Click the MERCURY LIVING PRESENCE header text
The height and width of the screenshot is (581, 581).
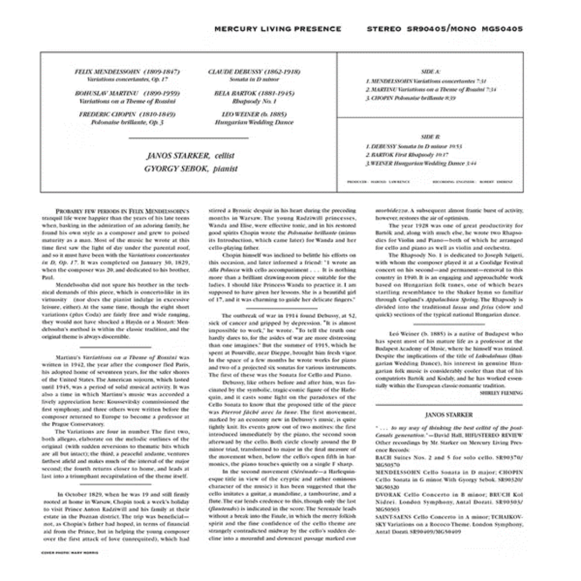(277, 29)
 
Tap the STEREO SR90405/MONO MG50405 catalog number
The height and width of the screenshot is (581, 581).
(444, 29)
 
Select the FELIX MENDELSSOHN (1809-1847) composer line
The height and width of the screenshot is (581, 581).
(127, 71)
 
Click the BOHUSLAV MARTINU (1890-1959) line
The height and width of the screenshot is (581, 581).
(126, 92)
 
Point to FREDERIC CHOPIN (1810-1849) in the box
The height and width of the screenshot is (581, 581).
(127, 114)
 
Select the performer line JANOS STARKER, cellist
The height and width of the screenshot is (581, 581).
(191, 155)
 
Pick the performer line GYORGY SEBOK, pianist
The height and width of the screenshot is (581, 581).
(191, 168)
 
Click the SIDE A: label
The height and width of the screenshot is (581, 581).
(430, 71)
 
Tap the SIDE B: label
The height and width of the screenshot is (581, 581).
(430, 137)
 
